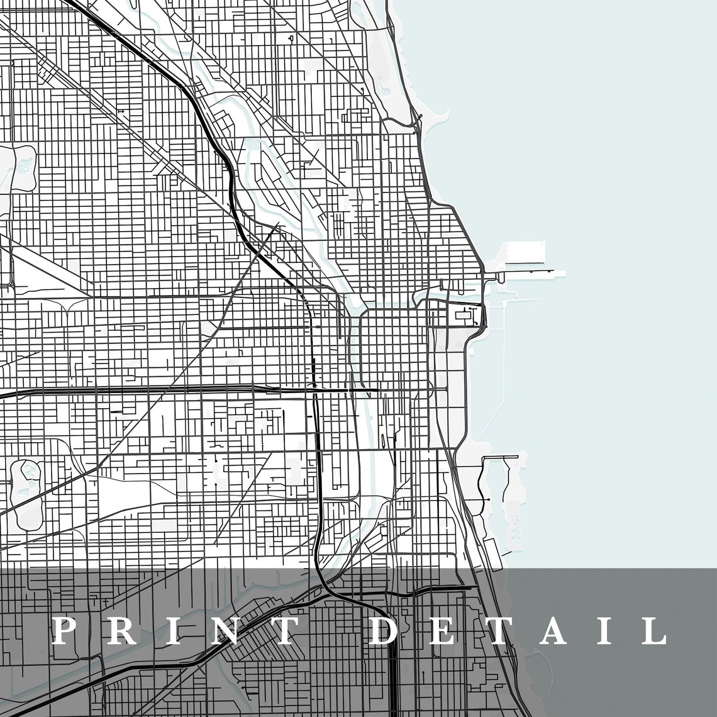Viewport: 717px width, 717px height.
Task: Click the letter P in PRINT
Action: tap(65, 631)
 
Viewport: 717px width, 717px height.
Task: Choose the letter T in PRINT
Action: tap(277, 631)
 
